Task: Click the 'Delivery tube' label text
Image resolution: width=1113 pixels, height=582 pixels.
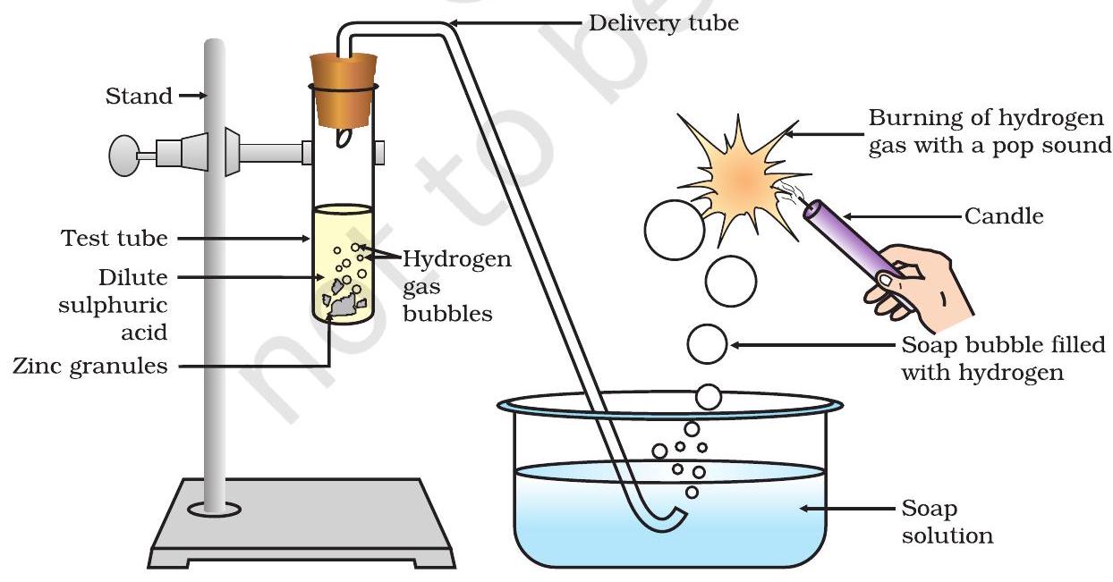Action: (663, 22)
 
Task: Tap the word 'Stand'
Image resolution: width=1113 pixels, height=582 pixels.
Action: (139, 96)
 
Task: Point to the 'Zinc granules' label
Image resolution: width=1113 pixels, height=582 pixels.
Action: (89, 366)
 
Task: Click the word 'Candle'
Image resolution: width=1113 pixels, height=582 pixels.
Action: (1004, 215)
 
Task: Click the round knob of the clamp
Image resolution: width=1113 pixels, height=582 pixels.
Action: (125, 154)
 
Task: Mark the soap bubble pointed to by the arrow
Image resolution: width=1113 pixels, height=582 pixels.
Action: (707, 345)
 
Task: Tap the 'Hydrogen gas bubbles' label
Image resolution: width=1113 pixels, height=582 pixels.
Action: (456, 286)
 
